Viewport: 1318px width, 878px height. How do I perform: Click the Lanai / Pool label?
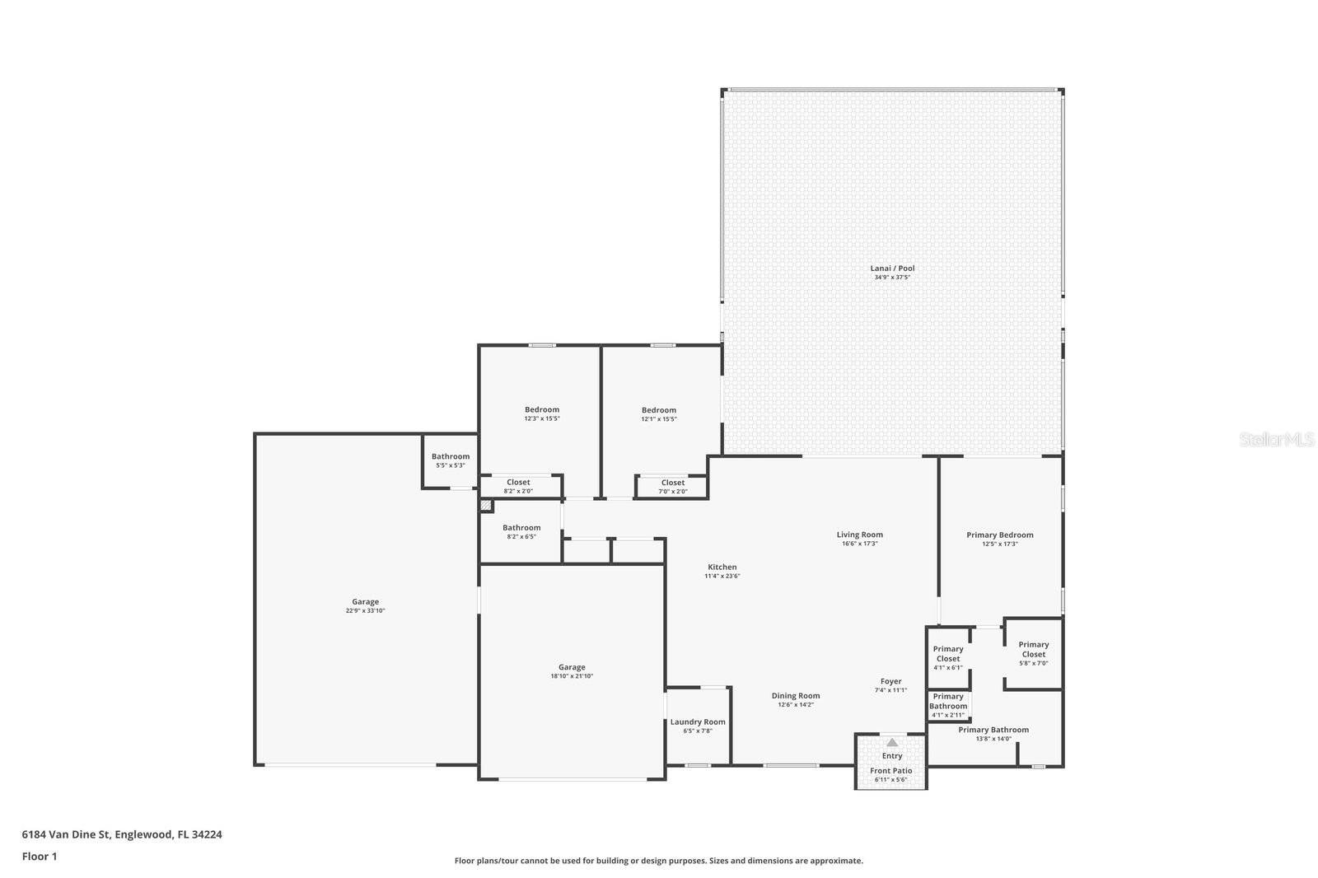point(892,269)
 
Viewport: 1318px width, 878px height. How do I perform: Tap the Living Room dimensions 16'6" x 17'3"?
point(859,544)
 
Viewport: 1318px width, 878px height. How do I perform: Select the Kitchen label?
point(722,567)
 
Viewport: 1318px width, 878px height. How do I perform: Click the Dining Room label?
point(796,696)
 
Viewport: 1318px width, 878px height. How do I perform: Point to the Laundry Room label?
point(698,722)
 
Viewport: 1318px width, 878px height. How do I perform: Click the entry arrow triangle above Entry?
point(892,742)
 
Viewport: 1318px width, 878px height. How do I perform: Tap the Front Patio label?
point(891,771)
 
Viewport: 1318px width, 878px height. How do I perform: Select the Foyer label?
point(890,681)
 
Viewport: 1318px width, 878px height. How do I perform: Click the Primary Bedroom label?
point(1000,535)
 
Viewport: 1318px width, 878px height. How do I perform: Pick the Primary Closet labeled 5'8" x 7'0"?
point(1034,649)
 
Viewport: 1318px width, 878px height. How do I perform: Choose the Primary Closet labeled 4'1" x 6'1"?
point(948,654)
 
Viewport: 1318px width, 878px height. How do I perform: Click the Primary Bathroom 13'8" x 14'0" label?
point(993,730)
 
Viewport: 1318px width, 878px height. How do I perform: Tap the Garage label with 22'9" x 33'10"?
point(366,602)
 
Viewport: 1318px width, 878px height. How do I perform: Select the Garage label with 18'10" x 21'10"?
point(572,667)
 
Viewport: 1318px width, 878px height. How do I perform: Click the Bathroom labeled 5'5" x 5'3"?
point(451,456)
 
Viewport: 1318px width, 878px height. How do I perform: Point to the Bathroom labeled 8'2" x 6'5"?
point(521,528)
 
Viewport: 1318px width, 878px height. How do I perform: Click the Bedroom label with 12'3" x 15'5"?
point(542,409)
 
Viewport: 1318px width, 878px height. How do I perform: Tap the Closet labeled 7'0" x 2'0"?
point(673,483)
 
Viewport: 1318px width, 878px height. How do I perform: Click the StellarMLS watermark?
point(1277,440)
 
